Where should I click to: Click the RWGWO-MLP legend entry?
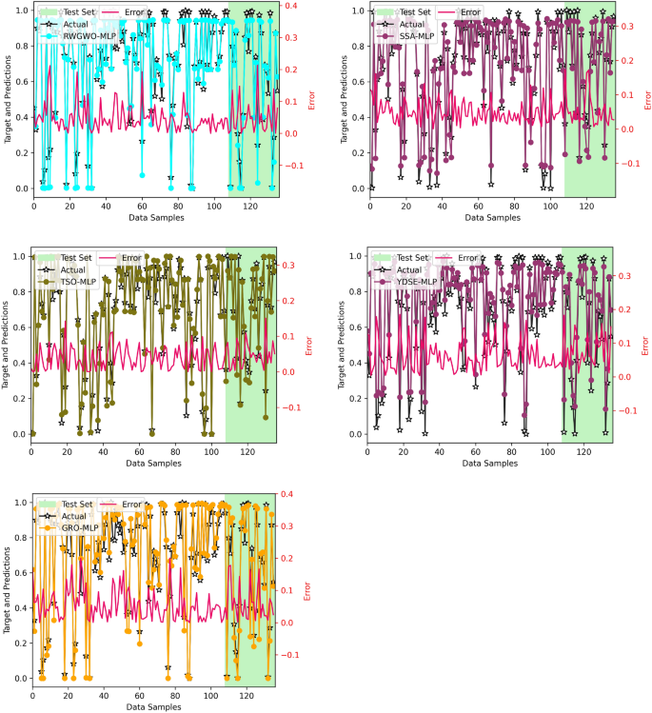[89, 35]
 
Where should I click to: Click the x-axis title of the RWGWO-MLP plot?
[155, 218]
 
